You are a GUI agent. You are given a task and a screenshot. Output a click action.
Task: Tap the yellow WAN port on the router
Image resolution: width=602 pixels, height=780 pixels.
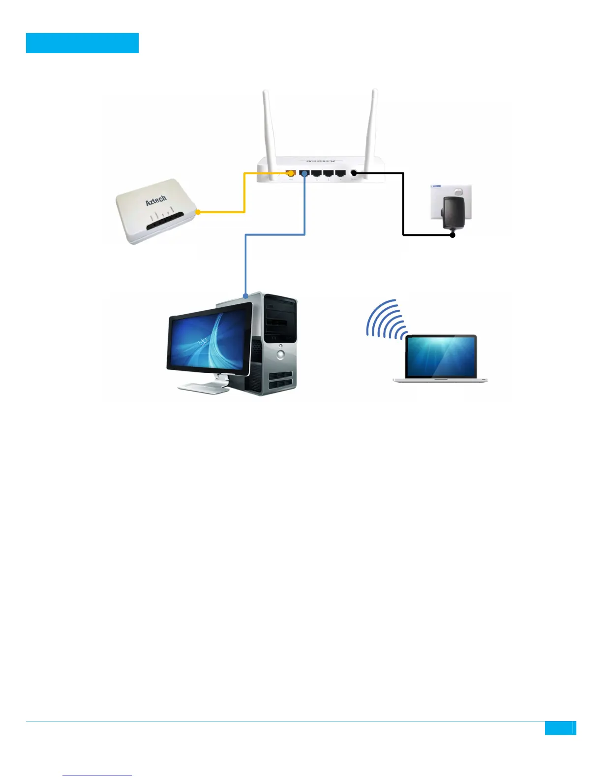point(291,173)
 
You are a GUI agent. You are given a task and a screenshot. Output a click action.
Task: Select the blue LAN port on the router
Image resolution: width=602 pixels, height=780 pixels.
point(304,173)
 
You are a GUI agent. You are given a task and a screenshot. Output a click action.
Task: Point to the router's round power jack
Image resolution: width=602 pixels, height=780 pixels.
point(353,173)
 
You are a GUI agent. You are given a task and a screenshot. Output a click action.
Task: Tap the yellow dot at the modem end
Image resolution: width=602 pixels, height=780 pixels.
point(198,212)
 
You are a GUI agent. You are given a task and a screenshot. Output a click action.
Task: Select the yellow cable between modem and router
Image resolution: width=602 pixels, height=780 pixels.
point(244,197)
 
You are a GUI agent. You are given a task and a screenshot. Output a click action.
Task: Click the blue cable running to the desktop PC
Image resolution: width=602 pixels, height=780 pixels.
point(275,235)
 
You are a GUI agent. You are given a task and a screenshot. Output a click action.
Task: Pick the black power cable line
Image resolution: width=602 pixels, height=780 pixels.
point(403,207)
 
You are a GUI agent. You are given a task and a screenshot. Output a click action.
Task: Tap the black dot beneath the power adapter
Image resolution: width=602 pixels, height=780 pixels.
point(452,235)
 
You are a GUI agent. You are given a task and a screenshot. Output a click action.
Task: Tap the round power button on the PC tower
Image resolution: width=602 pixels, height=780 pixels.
point(280,354)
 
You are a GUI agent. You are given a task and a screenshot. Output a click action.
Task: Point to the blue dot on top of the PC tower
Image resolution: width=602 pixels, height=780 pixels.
point(245,296)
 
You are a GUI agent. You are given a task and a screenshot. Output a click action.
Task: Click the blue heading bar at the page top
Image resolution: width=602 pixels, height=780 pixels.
point(82,43)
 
